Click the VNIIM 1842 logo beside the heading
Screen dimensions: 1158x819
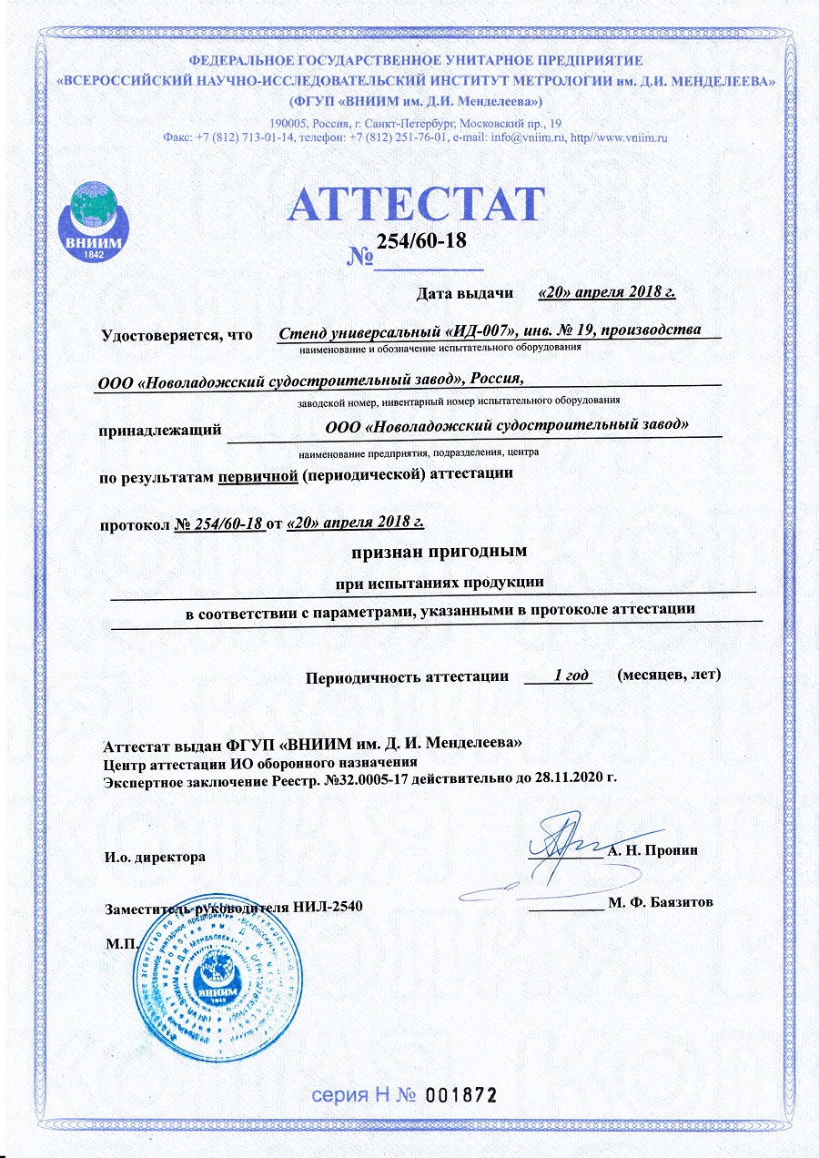pyautogui.click(x=91, y=219)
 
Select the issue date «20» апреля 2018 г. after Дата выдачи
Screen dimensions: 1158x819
pyautogui.click(x=606, y=292)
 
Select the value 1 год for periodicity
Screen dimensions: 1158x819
pyautogui.click(x=560, y=675)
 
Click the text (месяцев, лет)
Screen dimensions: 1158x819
pyautogui.click(x=668, y=675)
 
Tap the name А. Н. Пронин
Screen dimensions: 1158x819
pyautogui.click(x=652, y=850)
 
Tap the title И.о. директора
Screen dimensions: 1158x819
pyautogui.click(x=156, y=857)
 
